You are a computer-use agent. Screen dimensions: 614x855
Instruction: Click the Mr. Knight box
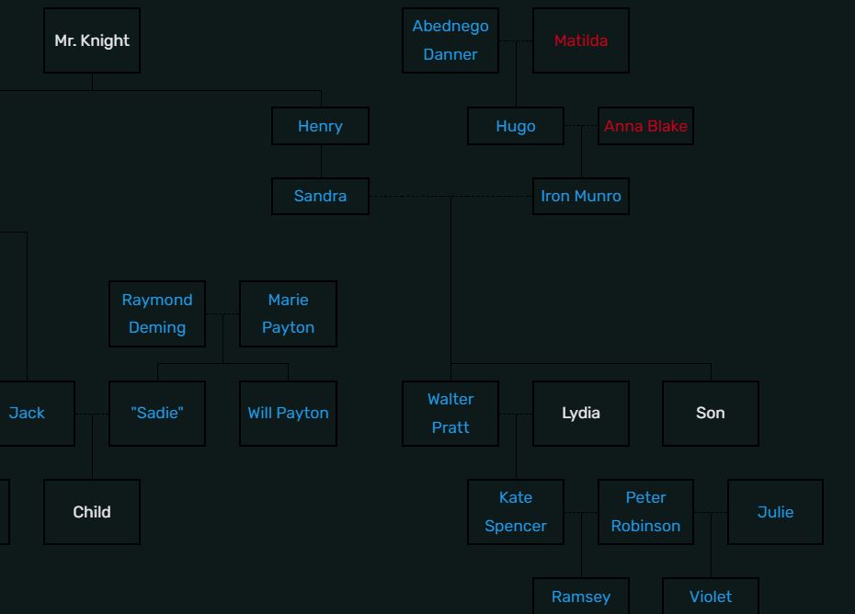92,40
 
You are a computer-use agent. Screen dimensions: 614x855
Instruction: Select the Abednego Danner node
450,40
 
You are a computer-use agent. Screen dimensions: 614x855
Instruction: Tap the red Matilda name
581,40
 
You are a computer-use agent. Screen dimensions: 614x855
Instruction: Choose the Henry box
320,126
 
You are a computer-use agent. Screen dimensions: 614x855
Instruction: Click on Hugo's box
516,126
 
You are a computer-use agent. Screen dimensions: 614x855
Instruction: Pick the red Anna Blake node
645,126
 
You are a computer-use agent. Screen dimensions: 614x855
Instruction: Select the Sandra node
320,196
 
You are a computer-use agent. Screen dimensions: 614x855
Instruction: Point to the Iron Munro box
581,196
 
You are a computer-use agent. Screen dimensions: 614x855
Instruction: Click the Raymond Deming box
157,313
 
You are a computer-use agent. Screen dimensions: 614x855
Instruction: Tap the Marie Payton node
288,313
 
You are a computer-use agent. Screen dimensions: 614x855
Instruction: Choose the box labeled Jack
28,413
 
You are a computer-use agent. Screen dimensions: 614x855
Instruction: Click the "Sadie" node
157,413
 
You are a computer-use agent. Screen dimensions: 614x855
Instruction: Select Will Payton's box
288,413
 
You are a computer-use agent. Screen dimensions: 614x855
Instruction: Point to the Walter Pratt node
450,413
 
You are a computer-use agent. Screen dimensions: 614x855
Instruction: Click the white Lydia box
581,413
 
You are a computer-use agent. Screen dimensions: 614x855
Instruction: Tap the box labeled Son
711,413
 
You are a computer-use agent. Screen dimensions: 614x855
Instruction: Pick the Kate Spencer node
516,511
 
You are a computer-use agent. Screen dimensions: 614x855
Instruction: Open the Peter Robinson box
645,511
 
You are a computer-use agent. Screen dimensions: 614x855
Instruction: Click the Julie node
775,511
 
